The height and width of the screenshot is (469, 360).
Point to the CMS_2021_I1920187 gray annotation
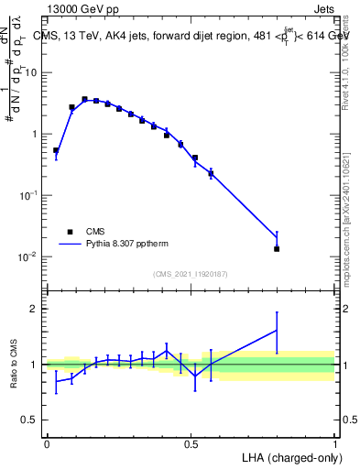click(191, 274)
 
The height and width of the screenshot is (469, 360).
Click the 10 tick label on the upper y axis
click(32, 71)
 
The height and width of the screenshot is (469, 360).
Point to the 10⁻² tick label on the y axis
click(30, 256)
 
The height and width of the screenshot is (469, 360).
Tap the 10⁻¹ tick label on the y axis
click(30, 195)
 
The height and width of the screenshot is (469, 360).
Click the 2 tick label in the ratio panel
click(38, 309)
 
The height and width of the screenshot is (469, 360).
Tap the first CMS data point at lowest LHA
click(56, 150)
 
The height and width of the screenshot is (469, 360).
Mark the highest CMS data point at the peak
click(84, 99)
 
